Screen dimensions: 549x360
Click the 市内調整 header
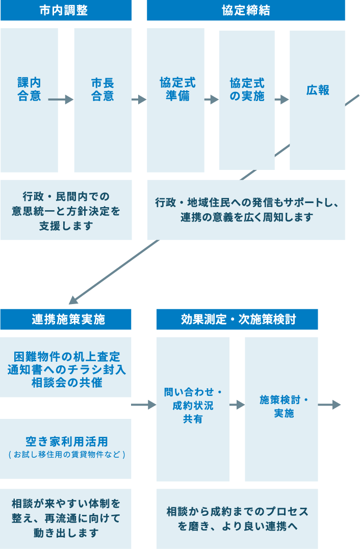coord(66,11)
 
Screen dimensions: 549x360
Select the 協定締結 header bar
coord(246,11)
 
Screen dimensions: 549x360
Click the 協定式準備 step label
coord(177,90)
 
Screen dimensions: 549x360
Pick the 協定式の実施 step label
coord(247,90)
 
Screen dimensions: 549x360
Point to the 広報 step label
coord(318,90)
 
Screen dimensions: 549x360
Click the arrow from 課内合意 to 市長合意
coord(62,99)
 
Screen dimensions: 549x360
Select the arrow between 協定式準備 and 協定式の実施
coord(211,99)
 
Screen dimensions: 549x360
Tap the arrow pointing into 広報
coord(282,99)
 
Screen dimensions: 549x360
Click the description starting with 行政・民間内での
coord(66,210)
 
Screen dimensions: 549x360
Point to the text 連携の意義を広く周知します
coord(246,217)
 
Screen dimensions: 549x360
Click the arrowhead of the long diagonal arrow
coord(73,301)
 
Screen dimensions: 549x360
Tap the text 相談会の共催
coord(66,382)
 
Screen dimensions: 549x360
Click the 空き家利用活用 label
coord(66,441)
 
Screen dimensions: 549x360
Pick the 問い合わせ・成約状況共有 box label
coord(193,405)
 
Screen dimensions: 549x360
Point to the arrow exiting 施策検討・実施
coord(329,405)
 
